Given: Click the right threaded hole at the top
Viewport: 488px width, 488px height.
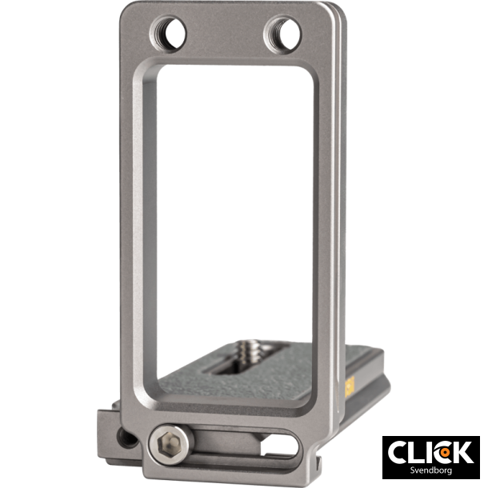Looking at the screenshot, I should click(x=282, y=33).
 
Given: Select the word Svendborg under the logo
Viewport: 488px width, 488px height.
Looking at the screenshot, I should click(x=430, y=471).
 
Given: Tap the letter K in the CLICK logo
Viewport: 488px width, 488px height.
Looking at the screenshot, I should click(x=462, y=453).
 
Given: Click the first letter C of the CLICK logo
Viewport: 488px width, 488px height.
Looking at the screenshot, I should click(x=398, y=453).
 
